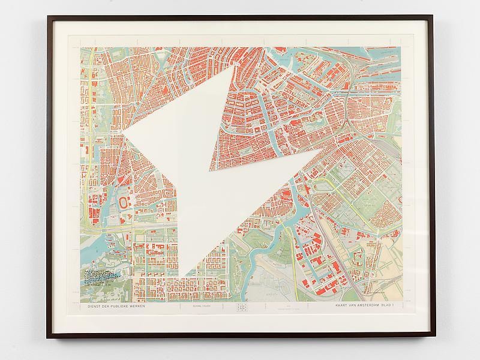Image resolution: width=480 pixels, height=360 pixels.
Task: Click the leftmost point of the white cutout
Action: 124,133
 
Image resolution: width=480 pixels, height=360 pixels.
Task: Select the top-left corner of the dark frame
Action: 48,17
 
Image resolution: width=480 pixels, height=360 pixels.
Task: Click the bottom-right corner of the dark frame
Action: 435,338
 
